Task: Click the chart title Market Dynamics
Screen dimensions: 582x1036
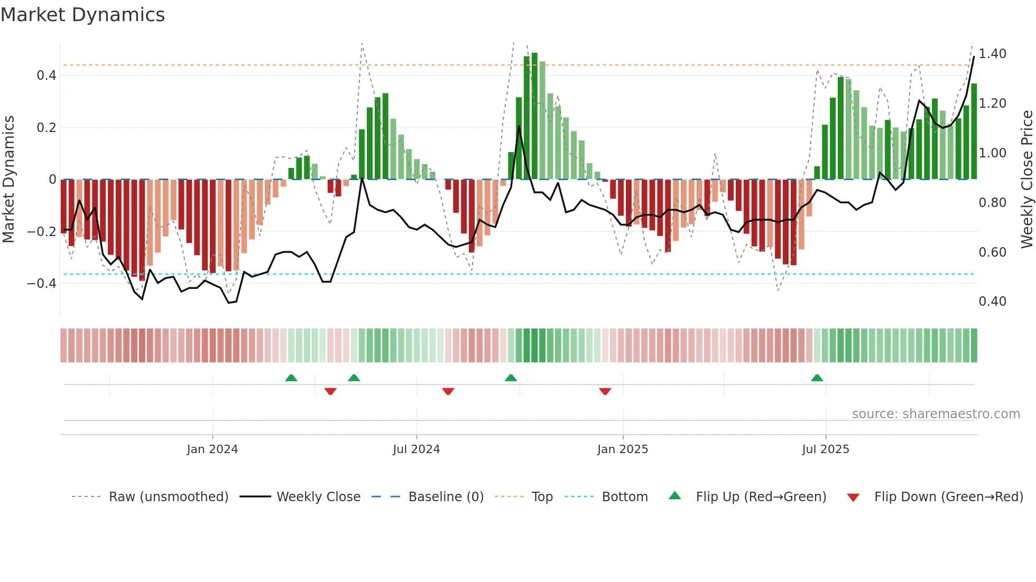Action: tap(82, 15)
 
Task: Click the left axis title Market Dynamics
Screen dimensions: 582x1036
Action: tap(8, 179)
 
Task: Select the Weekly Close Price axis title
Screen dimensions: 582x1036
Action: tap(1026, 179)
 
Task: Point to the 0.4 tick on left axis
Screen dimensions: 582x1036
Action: tap(47, 76)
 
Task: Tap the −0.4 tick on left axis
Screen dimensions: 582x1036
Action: tap(42, 284)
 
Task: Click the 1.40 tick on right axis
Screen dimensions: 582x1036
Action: tap(992, 54)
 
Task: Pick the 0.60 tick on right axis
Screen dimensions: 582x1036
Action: tap(992, 252)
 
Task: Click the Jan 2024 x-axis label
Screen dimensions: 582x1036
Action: tap(212, 449)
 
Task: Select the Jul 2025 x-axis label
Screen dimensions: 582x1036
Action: tap(825, 449)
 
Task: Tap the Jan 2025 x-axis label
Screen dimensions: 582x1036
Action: tap(622, 449)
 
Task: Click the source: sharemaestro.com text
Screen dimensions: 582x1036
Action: tap(936, 414)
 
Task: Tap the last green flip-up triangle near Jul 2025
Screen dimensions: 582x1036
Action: tap(817, 378)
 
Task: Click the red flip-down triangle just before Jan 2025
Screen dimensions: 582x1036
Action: tap(605, 391)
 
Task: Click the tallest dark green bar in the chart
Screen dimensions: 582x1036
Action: tap(534, 116)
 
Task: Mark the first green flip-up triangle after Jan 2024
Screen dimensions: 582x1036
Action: tap(291, 378)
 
